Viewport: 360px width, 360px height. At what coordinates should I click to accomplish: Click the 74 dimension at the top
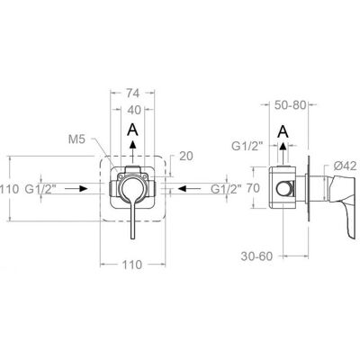[x=132, y=94]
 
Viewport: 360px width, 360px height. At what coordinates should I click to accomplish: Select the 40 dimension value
[x=134, y=111]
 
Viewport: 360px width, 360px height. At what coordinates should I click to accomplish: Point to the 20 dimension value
[x=186, y=156]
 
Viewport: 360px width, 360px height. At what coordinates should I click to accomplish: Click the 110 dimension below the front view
[x=132, y=265]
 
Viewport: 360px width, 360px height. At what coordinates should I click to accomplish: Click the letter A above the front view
[x=132, y=130]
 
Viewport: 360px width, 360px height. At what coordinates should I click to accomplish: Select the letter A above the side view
[x=283, y=131]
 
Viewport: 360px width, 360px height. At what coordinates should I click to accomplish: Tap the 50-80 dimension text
[x=290, y=105]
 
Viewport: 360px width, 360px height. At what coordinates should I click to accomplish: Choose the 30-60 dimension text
[x=256, y=256]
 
